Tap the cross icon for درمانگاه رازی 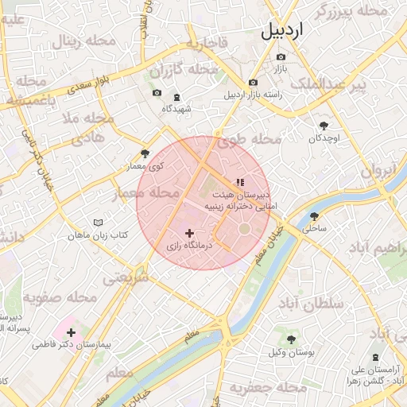189,233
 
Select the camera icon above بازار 281,56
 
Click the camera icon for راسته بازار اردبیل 253,82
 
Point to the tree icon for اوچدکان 324,125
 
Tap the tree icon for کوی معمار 144,153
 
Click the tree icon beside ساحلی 315,215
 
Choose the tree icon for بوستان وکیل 291,339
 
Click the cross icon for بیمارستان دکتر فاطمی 72,332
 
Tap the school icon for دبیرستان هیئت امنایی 239,182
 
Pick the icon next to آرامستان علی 376,358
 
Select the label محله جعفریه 268,388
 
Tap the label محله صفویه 59,298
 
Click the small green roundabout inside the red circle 244,231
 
